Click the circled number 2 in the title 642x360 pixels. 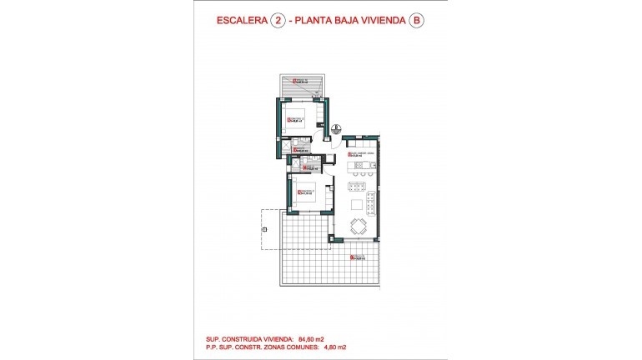coord(279,20)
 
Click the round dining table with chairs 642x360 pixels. coord(359,225)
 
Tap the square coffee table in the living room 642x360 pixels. coord(357,205)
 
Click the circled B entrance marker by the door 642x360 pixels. coord(334,129)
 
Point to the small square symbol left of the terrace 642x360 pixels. coord(263,227)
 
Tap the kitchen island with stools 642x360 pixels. coord(361,167)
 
